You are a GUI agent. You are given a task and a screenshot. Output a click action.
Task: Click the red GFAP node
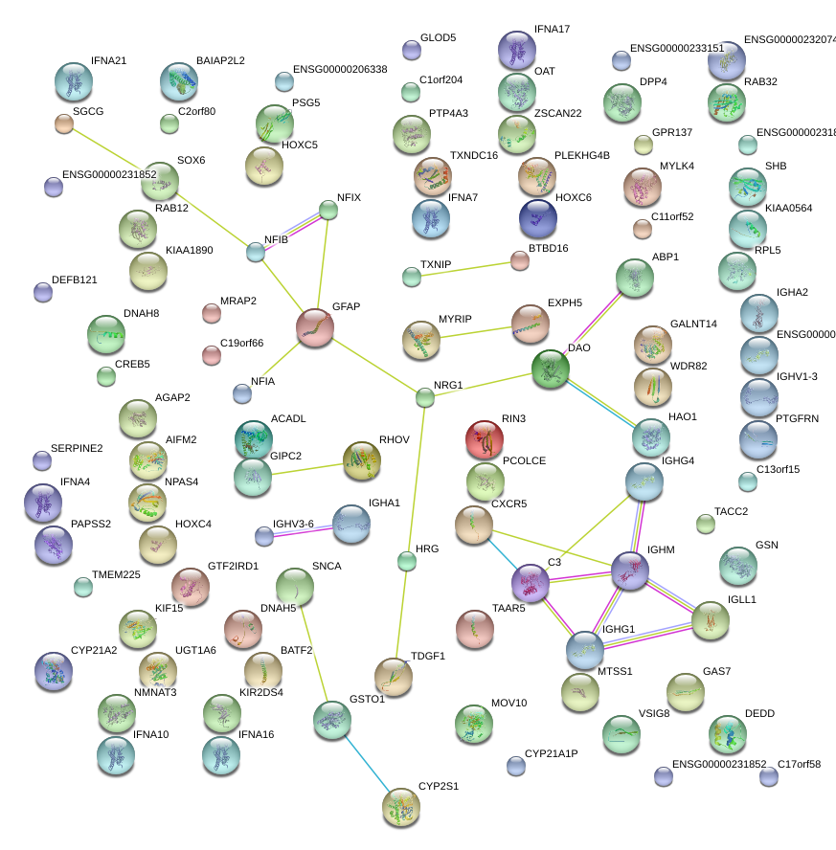pos(315,327)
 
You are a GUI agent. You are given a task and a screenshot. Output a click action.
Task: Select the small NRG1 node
pos(425,397)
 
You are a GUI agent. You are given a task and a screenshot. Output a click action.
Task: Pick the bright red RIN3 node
pos(485,439)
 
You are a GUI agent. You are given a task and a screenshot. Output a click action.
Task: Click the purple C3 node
pos(531,584)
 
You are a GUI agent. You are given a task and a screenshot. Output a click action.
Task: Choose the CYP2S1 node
pos(400,808)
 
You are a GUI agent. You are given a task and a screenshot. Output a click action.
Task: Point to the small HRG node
pos(408,561)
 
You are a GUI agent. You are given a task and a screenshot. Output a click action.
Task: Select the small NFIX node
pos(328,210)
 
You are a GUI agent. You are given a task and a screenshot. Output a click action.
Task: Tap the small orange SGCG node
pos(64,123)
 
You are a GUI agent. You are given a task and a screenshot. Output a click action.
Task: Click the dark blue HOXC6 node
pos(537,218)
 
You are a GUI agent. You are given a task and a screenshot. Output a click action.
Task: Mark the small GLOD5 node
pos(412,50)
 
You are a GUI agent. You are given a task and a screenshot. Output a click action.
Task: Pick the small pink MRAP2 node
pos(212,313)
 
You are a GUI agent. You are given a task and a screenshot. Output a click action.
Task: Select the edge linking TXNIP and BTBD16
pos(465,268)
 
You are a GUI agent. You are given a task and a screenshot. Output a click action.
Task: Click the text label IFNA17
pos(553,30)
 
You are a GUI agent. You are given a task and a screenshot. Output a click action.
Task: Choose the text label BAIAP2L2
pos(220,60)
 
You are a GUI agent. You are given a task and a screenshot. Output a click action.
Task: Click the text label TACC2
pos(731,512)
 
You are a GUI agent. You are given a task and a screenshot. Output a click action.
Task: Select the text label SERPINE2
pos(76,448)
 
